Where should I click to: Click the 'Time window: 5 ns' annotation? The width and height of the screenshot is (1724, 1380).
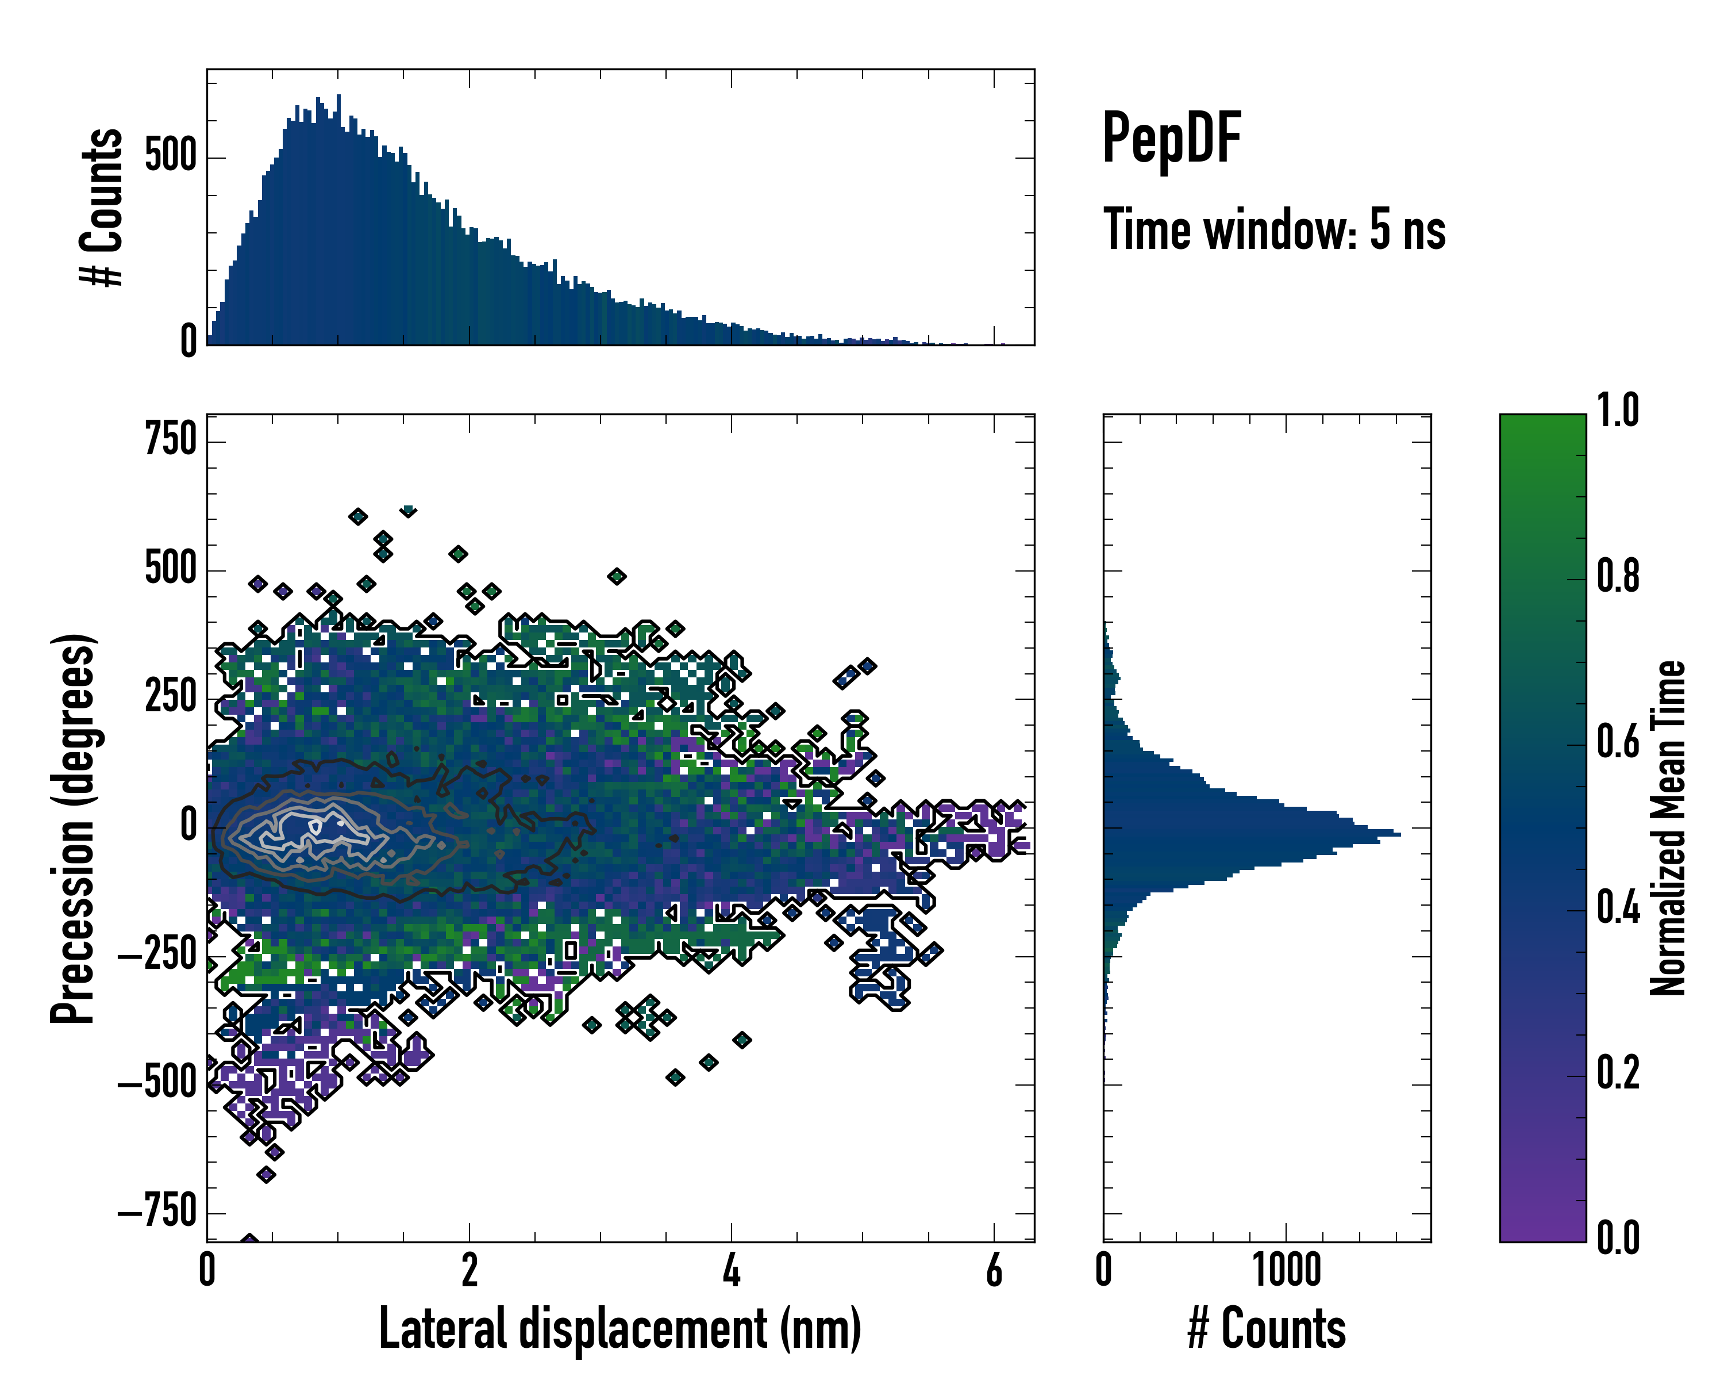pyautogui.click(x=1275, y=229)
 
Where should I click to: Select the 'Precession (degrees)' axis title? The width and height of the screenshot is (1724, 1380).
pyautogui.click(x=74, y=828)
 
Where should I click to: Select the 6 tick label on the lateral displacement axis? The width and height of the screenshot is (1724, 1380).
pyautogui.click(x=994, y=1270)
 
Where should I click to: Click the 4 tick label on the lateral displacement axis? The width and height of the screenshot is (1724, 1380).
pyautogui.click(x=732, y=1270)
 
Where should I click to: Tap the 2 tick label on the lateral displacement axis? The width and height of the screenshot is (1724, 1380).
pyautogui.click(x=470, y=1270)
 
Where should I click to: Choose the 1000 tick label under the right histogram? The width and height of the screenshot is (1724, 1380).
pyautogui.click(x=1287, y=1270)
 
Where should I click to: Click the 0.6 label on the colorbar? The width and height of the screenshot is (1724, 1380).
pyautogui.click(x=1618, y=742)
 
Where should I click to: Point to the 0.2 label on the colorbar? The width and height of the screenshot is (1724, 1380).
pyautogui.click(x=1618, y=1074)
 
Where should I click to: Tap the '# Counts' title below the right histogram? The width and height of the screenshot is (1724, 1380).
pyautogui.click(x=1267, y=1329)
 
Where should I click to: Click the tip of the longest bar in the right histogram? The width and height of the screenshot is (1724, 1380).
pyautogui.click(x=1399, y=834)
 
